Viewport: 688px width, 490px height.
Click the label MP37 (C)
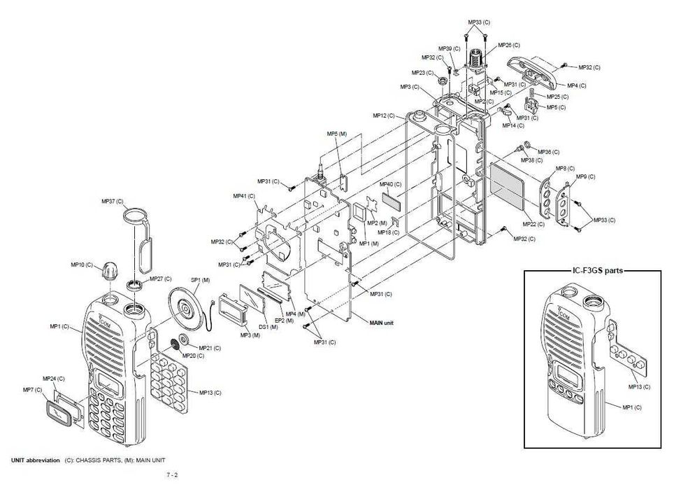click(110, 202)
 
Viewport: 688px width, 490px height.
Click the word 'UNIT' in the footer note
click(23, 460)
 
